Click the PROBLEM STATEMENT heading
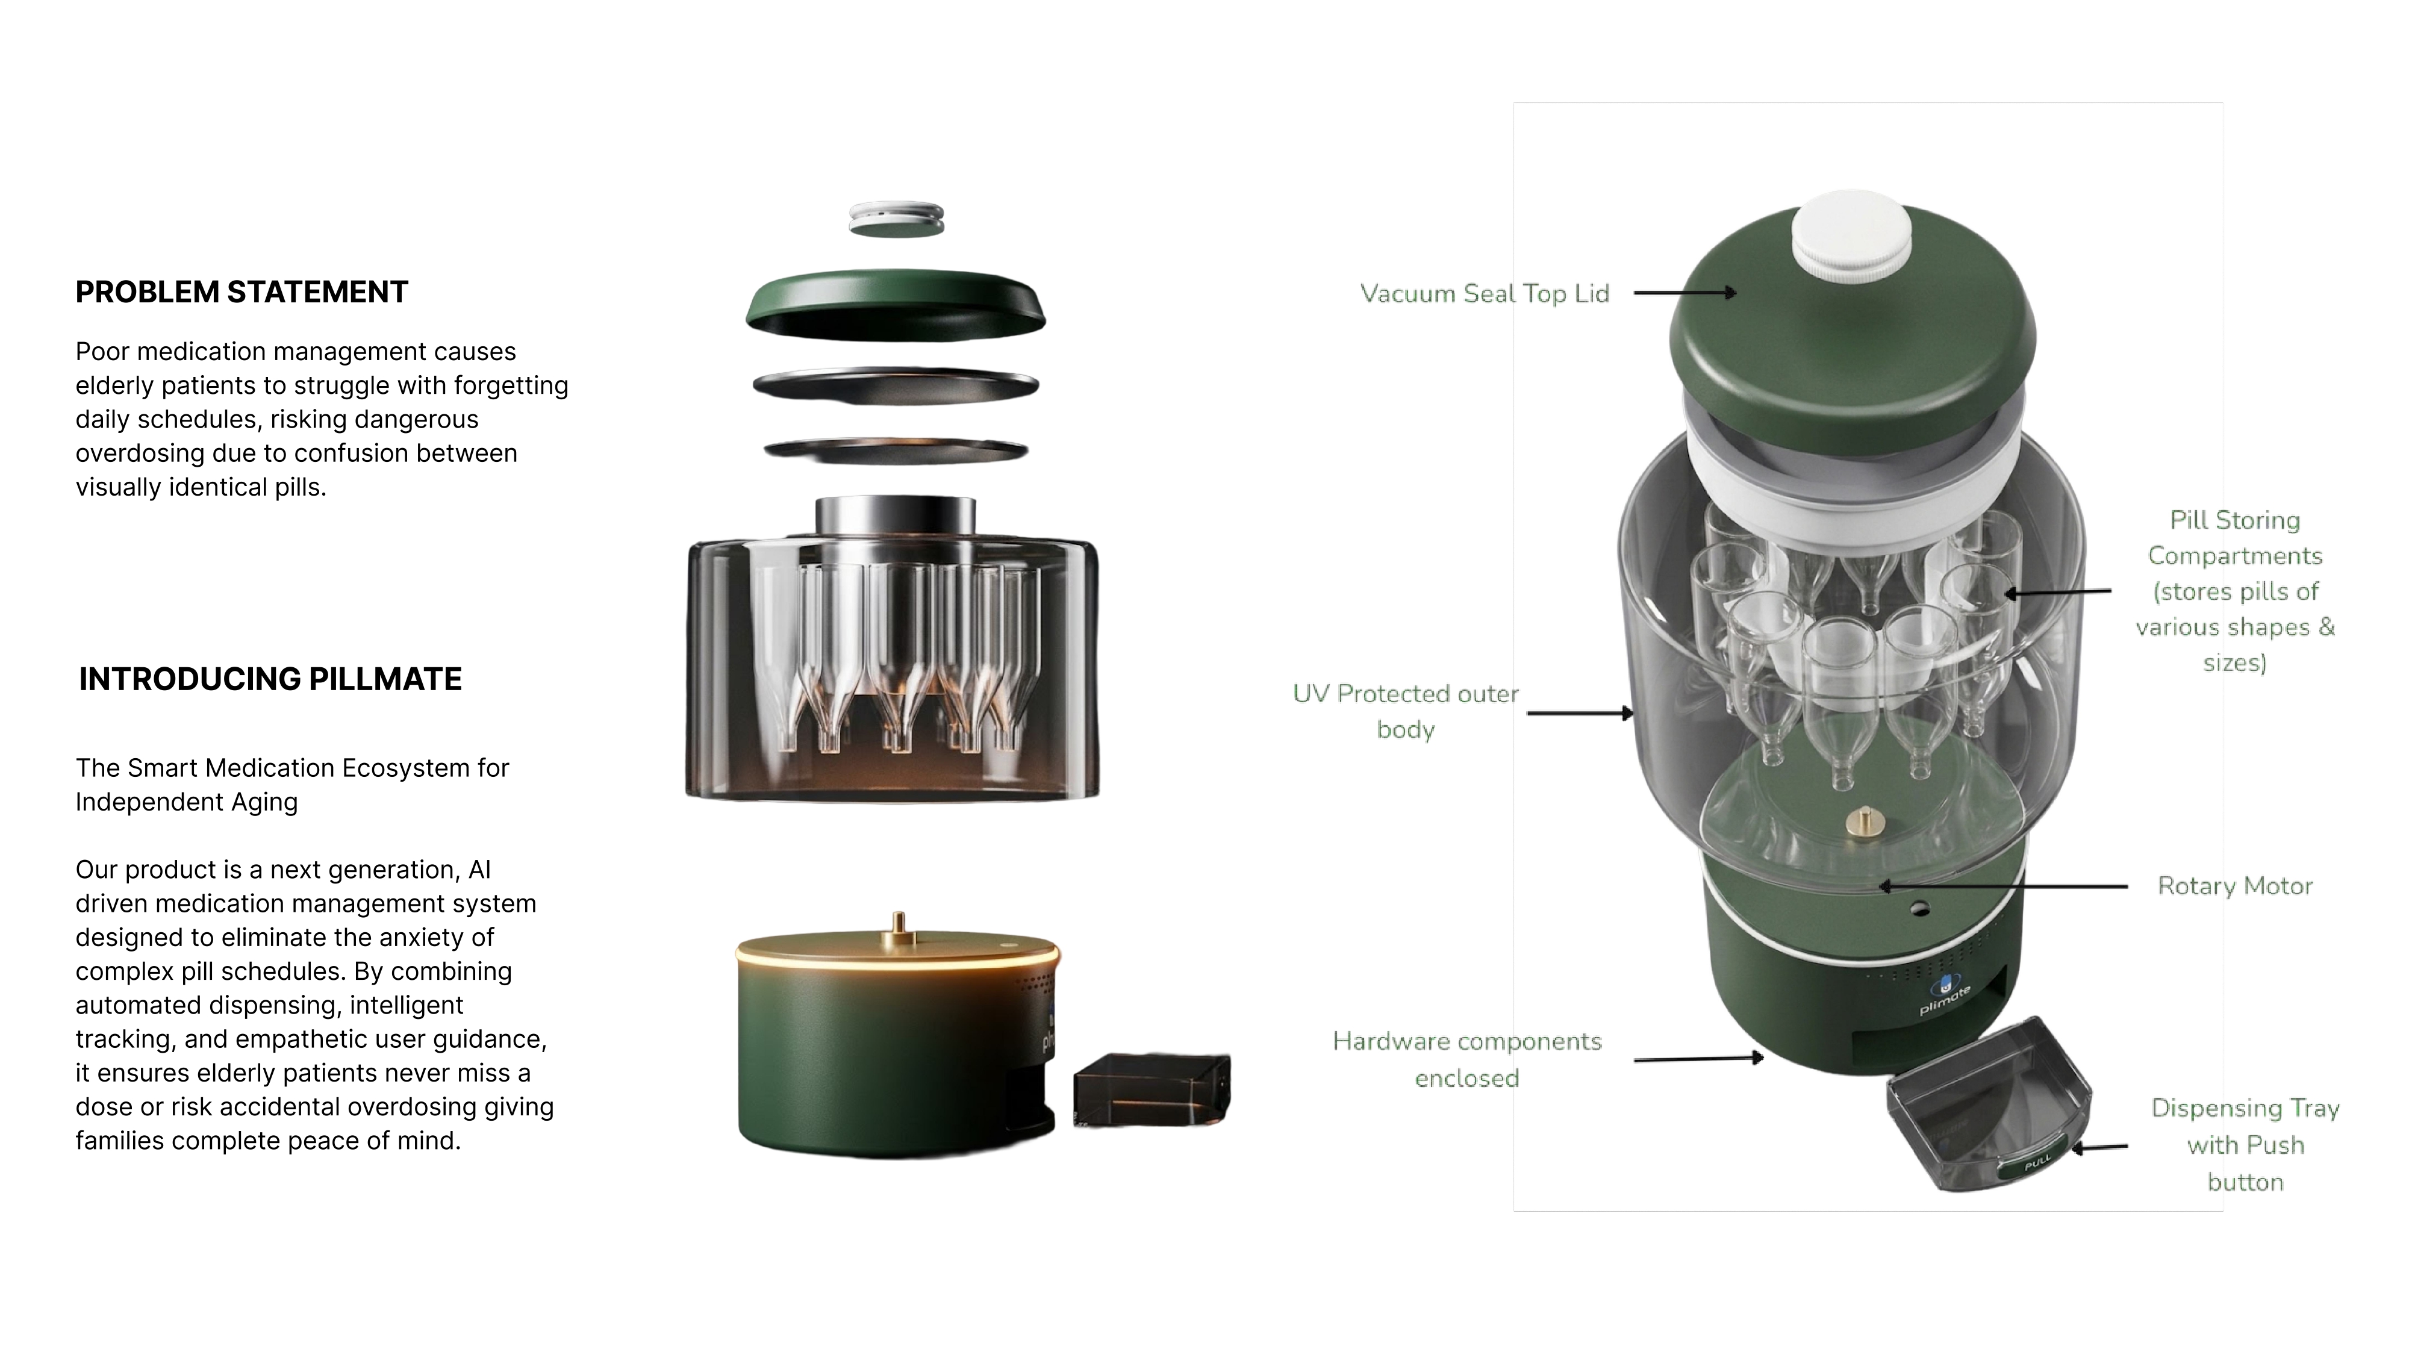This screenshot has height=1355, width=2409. tap(242, 291)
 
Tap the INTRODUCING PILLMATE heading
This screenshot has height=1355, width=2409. tap(270, 679)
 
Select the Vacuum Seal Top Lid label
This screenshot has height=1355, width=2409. tap(1484, 294)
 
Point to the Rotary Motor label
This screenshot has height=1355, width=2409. tap(2235, 885)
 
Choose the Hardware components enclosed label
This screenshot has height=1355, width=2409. tap(1467, 1059)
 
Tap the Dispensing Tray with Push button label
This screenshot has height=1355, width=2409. tap(2245, 1145)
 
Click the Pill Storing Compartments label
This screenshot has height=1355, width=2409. tap(2235, 591)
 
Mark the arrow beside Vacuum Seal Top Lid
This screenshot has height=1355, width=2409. tap(1685, 293)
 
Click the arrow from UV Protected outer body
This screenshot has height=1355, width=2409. tap(1580, 714)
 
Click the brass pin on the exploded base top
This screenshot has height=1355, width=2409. tap(899, 923)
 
